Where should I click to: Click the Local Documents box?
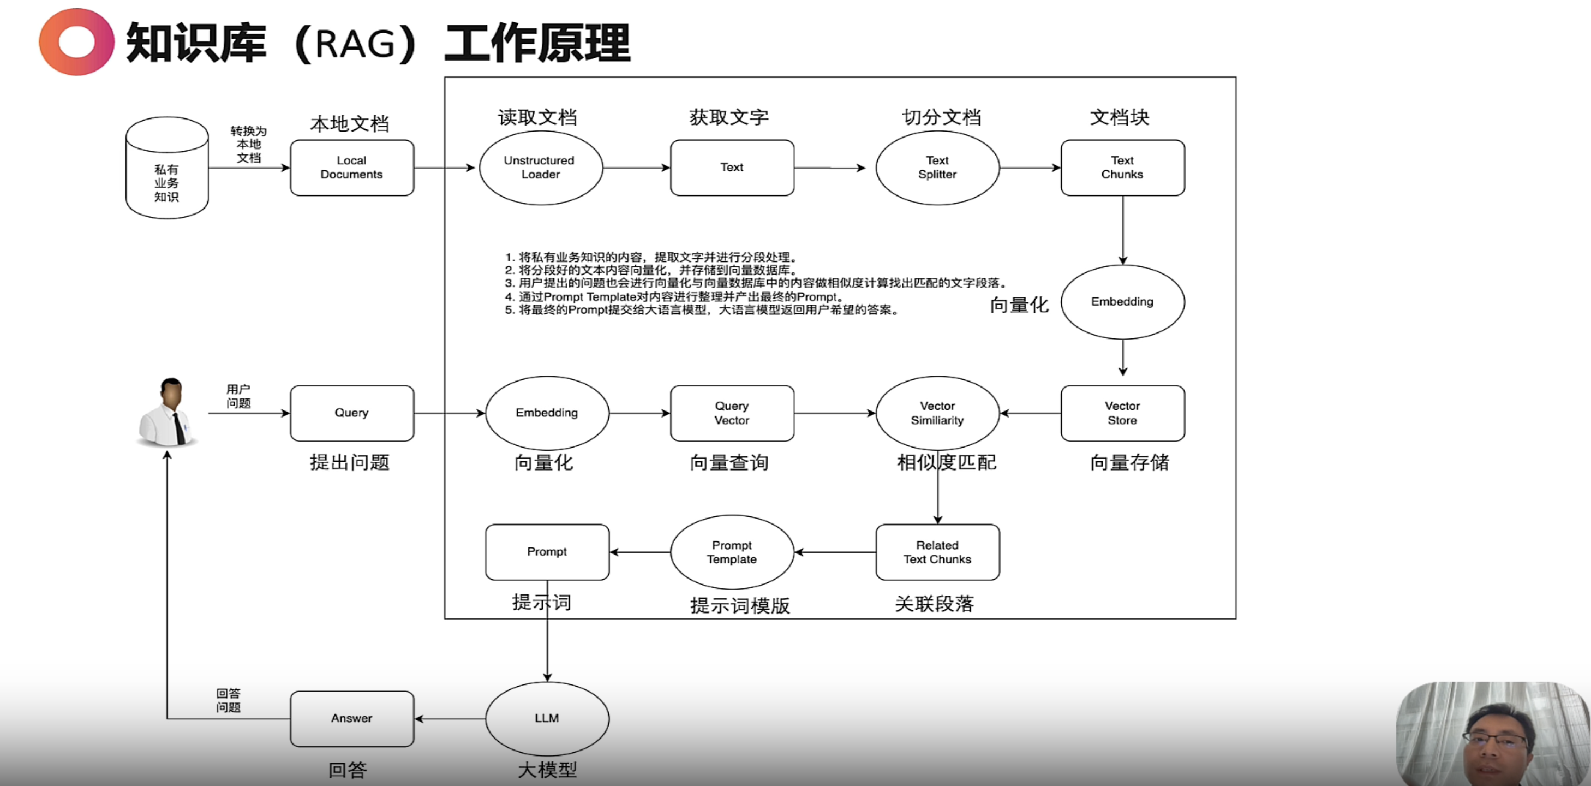pyautogui.click(x=351, y=168)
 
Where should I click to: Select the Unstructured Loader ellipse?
pyautogui.click(x=540, y=168)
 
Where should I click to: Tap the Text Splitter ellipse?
pyautogui.click(x=937, y=168)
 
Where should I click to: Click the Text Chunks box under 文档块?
pyautogui.click(x=1122, y=168)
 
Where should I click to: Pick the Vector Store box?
pyautogui.click(x=1122, y=413)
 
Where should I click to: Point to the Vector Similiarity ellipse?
pyautogui.click(x=937, y=413)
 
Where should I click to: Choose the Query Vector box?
pyautogui.click(x=732, y=413)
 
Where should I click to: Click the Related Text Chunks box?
pyautogui.click(x=937, y=552)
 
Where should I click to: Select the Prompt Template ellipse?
pyautogui.click(x=732, y=552)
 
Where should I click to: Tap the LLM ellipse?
pyautogui.click(x=547, y=718)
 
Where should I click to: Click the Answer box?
pyautogui.click(x=351, y=718)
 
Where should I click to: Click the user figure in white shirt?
pyautogui.click(x=168, y=413)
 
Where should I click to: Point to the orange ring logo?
pyautogui.click(x=76, y=42)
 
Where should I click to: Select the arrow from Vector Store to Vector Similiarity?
pyautogui.click(x=1030, y=413)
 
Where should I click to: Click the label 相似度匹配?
pyautogui.click(x=946, y=462)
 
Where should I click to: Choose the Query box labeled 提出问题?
pyautogui.click(x=351, y=413)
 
